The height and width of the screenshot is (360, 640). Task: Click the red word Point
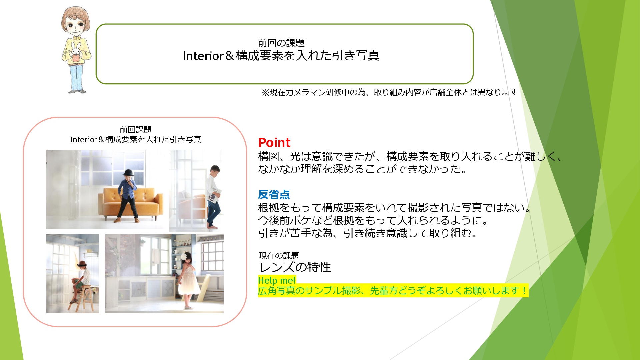coord(274,143)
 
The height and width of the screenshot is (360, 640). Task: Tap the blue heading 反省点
coord(274,194)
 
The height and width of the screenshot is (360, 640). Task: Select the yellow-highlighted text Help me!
coord(277,280)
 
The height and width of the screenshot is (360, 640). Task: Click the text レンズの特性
coord(295,267)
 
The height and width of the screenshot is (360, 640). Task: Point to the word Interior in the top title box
coord(203,56)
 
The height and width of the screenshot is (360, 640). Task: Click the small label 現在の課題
coord(279,256)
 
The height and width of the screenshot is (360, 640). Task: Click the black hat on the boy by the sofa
coord(128,173)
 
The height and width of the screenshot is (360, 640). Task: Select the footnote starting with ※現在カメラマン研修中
coord(389,92)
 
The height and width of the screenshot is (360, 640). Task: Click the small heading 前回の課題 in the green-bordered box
coord(281,43)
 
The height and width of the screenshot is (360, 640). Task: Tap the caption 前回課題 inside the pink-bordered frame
coord(136,130)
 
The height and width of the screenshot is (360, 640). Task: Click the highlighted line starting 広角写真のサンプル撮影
coord(393,291)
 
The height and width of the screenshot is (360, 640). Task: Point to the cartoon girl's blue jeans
coord(76,77)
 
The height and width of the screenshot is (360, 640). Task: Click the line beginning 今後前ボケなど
coord(373,220)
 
